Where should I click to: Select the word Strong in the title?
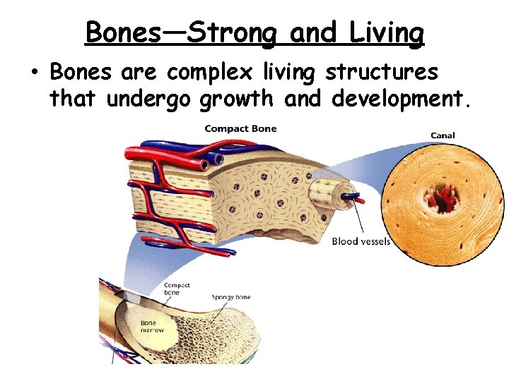pos(231,32)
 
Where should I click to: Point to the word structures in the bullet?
pos(382,72)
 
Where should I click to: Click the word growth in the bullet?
pos(237,100)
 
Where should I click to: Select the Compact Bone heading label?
pos(240,128)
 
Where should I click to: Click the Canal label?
pos(443,135)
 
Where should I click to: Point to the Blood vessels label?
pos(360,241)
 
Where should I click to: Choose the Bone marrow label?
pos(151,325)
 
